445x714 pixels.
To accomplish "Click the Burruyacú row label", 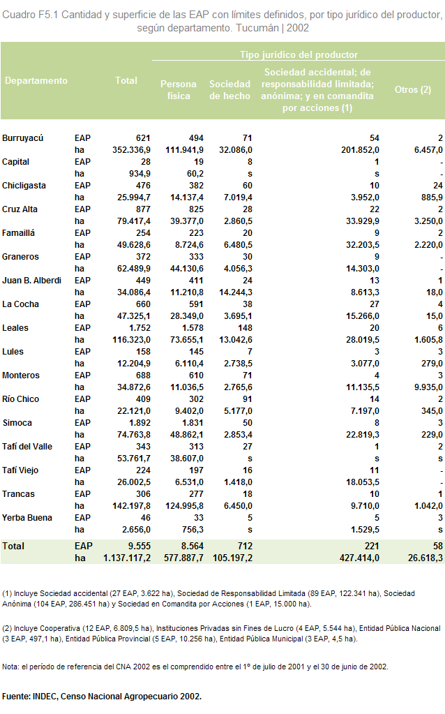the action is [23, 138].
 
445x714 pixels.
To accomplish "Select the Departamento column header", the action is [36, 80].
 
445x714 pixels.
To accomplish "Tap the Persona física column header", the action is [179, 90].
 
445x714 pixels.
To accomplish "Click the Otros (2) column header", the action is [413, 90].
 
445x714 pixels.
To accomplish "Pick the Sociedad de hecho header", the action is [229, 90].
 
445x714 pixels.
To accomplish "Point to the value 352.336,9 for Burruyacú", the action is [132, 150].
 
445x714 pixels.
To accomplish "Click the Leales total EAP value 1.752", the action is [139, 328].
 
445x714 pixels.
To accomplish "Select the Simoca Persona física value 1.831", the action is [193, 422].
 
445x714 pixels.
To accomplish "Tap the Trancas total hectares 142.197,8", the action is [132, 506].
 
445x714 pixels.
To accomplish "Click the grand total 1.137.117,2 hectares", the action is [127, 558].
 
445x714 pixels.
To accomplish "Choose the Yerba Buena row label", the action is [27, 518].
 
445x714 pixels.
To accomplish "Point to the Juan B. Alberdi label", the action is [31, 281].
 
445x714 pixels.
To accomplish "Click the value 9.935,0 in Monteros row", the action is [428, 387].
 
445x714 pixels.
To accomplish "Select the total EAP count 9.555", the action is [139, 546].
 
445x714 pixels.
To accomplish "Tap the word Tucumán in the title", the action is [257, 28].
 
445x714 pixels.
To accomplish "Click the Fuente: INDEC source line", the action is [102, 697].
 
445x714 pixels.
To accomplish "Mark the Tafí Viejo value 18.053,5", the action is [363, 482].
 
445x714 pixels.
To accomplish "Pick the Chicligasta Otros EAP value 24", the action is [438, 186].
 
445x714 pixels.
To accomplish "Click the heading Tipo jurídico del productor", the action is [299, 54].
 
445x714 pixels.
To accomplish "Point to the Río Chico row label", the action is [20, 399].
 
